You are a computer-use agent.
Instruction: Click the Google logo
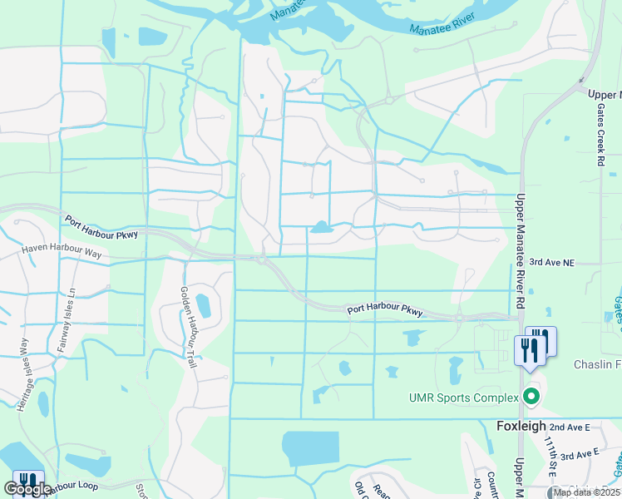point(27,489)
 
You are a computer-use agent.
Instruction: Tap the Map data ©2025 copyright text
point(585,492)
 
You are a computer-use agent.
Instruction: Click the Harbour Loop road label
point(75,486)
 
